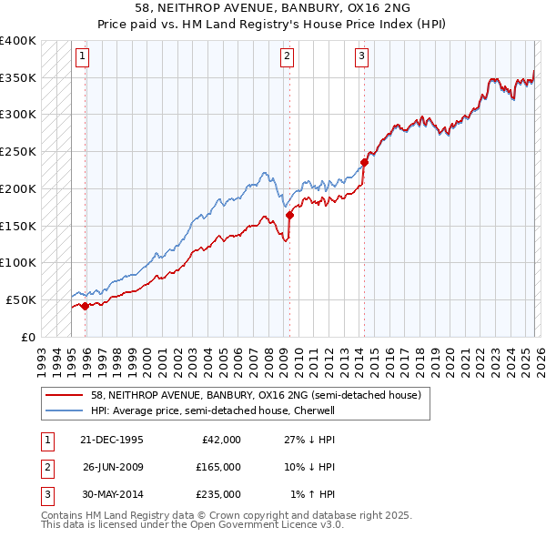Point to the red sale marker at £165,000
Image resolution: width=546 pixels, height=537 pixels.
(x=290, y=215)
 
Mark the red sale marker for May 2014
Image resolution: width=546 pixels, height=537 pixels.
(x=364, y=163)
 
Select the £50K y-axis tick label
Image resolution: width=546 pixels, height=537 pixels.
(x=22, y=299)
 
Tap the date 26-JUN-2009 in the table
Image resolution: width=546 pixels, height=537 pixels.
(x=113, y=467)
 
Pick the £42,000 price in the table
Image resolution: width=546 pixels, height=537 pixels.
(x=218, y=440)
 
